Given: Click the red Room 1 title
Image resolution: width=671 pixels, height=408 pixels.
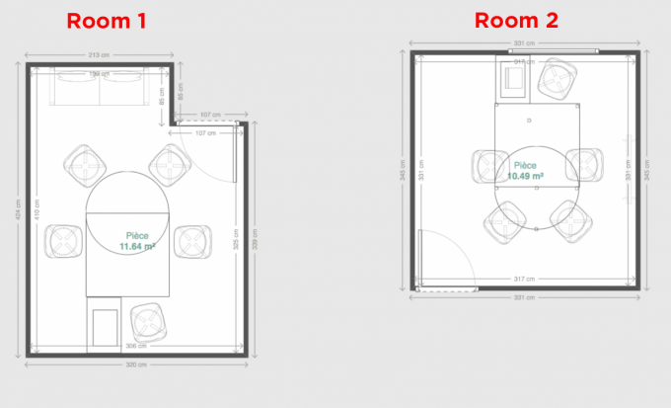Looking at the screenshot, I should [x=107, y=21].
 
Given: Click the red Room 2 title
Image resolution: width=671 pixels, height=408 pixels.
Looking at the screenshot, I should [x=515, y=21].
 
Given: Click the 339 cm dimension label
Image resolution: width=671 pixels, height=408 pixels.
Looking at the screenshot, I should [x=256, y=240].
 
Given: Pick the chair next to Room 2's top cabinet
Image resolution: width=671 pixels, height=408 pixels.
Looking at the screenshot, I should [x=557, y=79].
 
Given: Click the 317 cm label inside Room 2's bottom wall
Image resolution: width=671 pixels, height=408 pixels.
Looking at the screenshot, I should [x=524, y=279].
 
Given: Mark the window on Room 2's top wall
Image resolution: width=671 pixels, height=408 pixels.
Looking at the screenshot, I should [x=556, y=51].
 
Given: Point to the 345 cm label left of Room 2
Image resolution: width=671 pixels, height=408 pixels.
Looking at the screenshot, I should [x=403, y=170].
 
